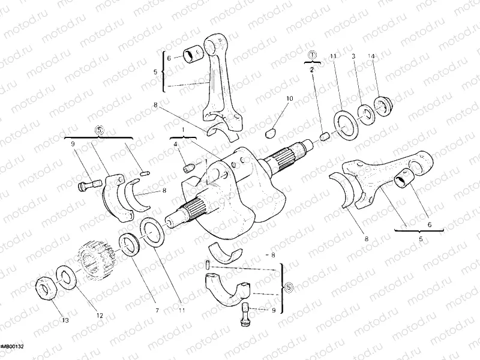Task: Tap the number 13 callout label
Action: pos(65,321)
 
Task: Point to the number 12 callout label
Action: pos(100,315)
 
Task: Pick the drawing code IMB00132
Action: pos(11,347)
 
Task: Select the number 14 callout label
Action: pos(371,56)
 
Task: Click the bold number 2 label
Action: pos(312,70)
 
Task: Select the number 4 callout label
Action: pos(176,144)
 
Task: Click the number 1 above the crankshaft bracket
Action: pos(191,129)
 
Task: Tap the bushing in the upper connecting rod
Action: pos(193,56)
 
